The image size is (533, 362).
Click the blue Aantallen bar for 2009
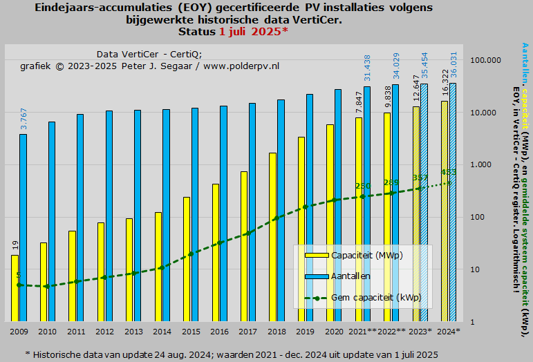(23, 228)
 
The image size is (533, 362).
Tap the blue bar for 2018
(281, 211)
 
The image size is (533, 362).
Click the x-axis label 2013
(133, 332)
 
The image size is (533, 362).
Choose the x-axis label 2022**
(391, 332)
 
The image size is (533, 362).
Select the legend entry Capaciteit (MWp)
(366, 255)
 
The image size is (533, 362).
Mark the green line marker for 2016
(220, 242)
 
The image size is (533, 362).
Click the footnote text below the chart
(232, 354)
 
